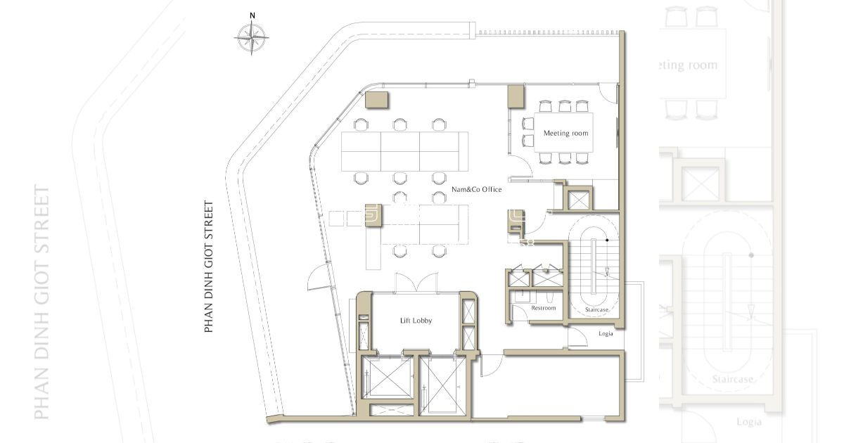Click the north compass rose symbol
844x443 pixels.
pos(252,38)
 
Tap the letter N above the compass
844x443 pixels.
pos(252,15)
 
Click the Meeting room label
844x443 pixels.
pos(565,133)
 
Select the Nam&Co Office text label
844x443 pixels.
pos(477,189)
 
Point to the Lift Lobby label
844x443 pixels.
pos(416,321)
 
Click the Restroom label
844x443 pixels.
pos(543,308)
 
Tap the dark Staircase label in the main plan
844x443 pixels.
pos(596,309)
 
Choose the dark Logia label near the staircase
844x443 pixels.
pos(606,334)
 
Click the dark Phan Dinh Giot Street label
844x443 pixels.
pos(208,267)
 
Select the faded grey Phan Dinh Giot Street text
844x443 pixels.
pos(41,302)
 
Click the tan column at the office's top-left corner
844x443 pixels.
pos(377,100)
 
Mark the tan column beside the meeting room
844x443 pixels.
pos(516,97)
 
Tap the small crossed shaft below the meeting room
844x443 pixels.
pos(578,200)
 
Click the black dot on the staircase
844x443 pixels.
pos(607,240)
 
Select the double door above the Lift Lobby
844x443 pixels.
pos(416,282)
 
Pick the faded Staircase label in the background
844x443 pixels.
pos(732,379)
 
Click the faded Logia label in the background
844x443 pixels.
pos(748,423)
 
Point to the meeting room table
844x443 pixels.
pos(563,132)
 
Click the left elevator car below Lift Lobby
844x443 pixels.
pos(387,377)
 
